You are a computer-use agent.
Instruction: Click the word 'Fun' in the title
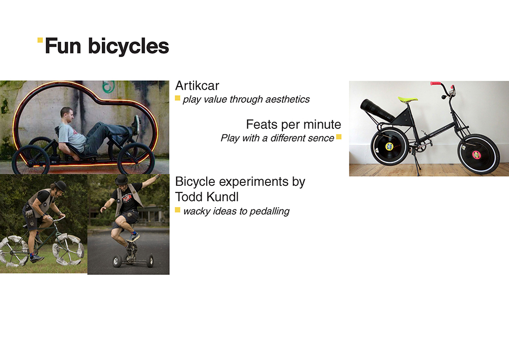click(63, 46)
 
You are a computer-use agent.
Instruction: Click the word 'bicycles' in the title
click(129, 46)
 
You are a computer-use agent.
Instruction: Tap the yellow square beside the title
click(40, 40)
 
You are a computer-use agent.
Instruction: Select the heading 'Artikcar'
click(197, 86)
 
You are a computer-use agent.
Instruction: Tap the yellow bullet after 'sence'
click(339, 137)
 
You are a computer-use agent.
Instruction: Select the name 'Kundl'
click(223, 197)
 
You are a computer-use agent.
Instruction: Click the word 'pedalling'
click(269, 211)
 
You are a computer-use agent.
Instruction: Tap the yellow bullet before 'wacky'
click(178, 210)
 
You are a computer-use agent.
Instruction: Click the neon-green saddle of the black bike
click(408, 99)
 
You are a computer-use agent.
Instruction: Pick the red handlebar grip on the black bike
click(436, 84)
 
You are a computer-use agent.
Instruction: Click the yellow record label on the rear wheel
click(389, 147)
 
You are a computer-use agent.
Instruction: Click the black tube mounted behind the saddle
click(378, 109)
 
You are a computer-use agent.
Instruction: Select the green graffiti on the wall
click(109, 87)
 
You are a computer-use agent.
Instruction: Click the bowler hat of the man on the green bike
click(60, 186)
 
